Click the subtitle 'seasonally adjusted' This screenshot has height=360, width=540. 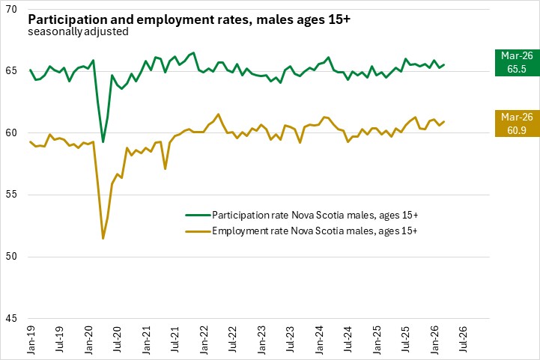tap(77, 31)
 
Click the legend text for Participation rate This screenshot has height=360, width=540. tap(314, 216)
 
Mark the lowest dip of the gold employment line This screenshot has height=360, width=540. tap(103, 238)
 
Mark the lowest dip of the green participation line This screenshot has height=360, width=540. tap(103, 141)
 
